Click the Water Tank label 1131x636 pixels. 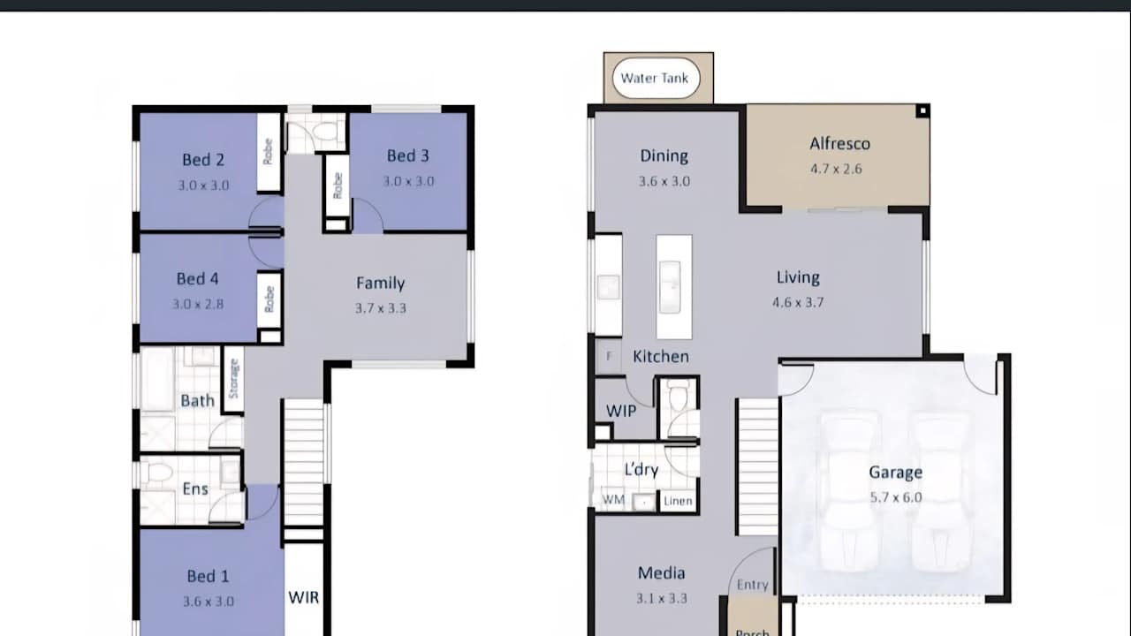tap(655, 79)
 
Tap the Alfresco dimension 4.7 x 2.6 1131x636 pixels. tap(836, 169)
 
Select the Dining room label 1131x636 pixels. tap(664, 156)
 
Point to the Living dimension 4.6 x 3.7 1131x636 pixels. tap(798, 302)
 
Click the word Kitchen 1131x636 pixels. tap(661, 357)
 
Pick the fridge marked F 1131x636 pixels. tap(609, 356)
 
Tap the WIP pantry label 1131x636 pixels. tap(621, 411)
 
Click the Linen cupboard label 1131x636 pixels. tap(678, 501)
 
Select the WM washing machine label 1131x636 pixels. tap(613, 500)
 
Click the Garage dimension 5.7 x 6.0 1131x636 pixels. tap(896, 497)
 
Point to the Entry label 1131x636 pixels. tap(752, 585)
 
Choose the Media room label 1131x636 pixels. tap(662, 573)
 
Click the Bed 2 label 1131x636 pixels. tap(203, 160)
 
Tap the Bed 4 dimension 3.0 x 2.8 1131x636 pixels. tap(198, 304)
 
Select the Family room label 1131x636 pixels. tap(380, 284)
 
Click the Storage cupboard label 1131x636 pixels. tap(234, 379)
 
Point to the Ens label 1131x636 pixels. tap(195, 489)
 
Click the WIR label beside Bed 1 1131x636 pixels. tap(303, 598)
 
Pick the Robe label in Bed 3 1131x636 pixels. tap(338, 185)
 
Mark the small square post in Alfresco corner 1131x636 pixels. tap(922, 111)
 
